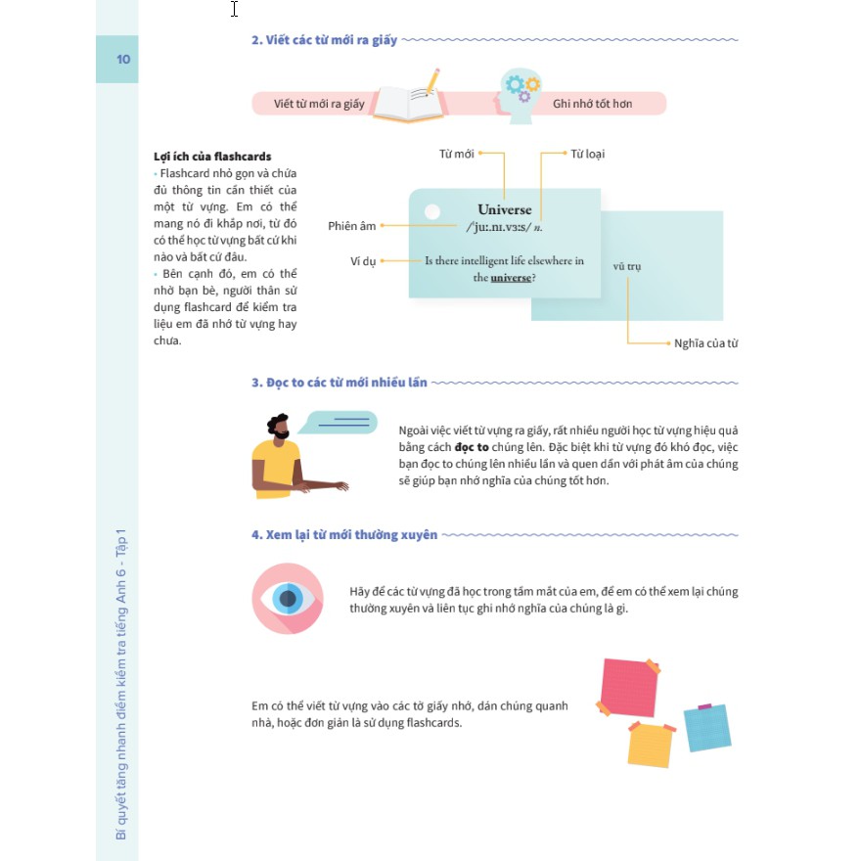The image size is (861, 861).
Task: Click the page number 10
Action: [x=123, y=59]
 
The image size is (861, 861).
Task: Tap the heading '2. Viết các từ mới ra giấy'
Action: [x=324, y=40]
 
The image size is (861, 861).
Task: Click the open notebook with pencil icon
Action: [x=408, y=98]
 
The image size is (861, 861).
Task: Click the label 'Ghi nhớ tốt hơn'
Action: [x=592, y=104]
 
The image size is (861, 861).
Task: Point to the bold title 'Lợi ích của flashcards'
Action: [x=212, y=157]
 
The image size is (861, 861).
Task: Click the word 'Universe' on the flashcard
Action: [x=505, y=209]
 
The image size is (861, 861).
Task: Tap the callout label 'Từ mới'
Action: [x=456, y=154]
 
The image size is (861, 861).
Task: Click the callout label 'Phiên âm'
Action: [x=352, y=226]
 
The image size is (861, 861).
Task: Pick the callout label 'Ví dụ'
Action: [x=362, y=261]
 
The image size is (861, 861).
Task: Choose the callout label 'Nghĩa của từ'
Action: [x=705, y=343]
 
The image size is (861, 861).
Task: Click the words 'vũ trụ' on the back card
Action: [x=627, y=266]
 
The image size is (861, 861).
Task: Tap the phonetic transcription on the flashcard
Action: [x=504, y=227]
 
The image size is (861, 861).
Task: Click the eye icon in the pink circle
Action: [x=288, y=598]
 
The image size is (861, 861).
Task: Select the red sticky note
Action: [x=626, y=687]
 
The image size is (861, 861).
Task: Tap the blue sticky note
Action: [x=706, y=727]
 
